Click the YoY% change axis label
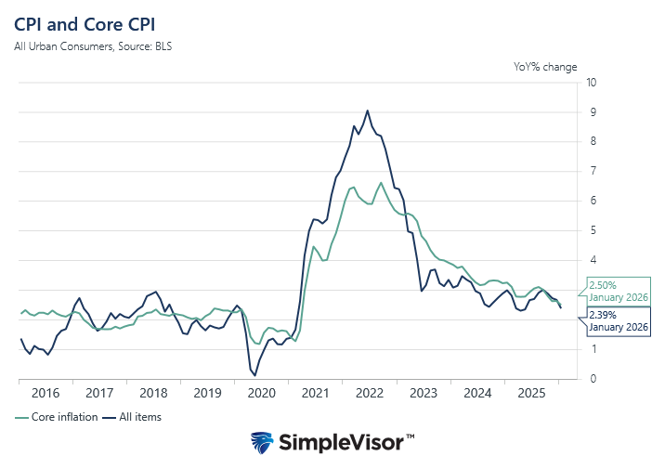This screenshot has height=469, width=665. click(x=545, y=67)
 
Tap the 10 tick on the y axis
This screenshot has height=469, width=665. click(x=592, y=83)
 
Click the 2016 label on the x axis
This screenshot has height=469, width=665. click(x=45, y=394)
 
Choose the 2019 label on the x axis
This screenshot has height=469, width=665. click(x=207, y=394)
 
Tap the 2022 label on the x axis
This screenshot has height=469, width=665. click(x=369, y=394)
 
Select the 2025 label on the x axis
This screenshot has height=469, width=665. click(x=531, y=394)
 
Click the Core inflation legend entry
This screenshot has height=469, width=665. click(x=58, y=417)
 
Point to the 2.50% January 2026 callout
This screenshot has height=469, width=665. click(x=616, y=290)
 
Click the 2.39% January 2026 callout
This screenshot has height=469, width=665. click(x=616, y=321)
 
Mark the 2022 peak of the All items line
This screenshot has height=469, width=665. click(x=368, y=111)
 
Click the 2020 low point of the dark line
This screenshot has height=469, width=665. click(x=254, y=375)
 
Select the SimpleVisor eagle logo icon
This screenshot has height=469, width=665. click(x=263, y=442)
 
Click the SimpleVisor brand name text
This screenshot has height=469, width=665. click(x=347, y=443)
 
